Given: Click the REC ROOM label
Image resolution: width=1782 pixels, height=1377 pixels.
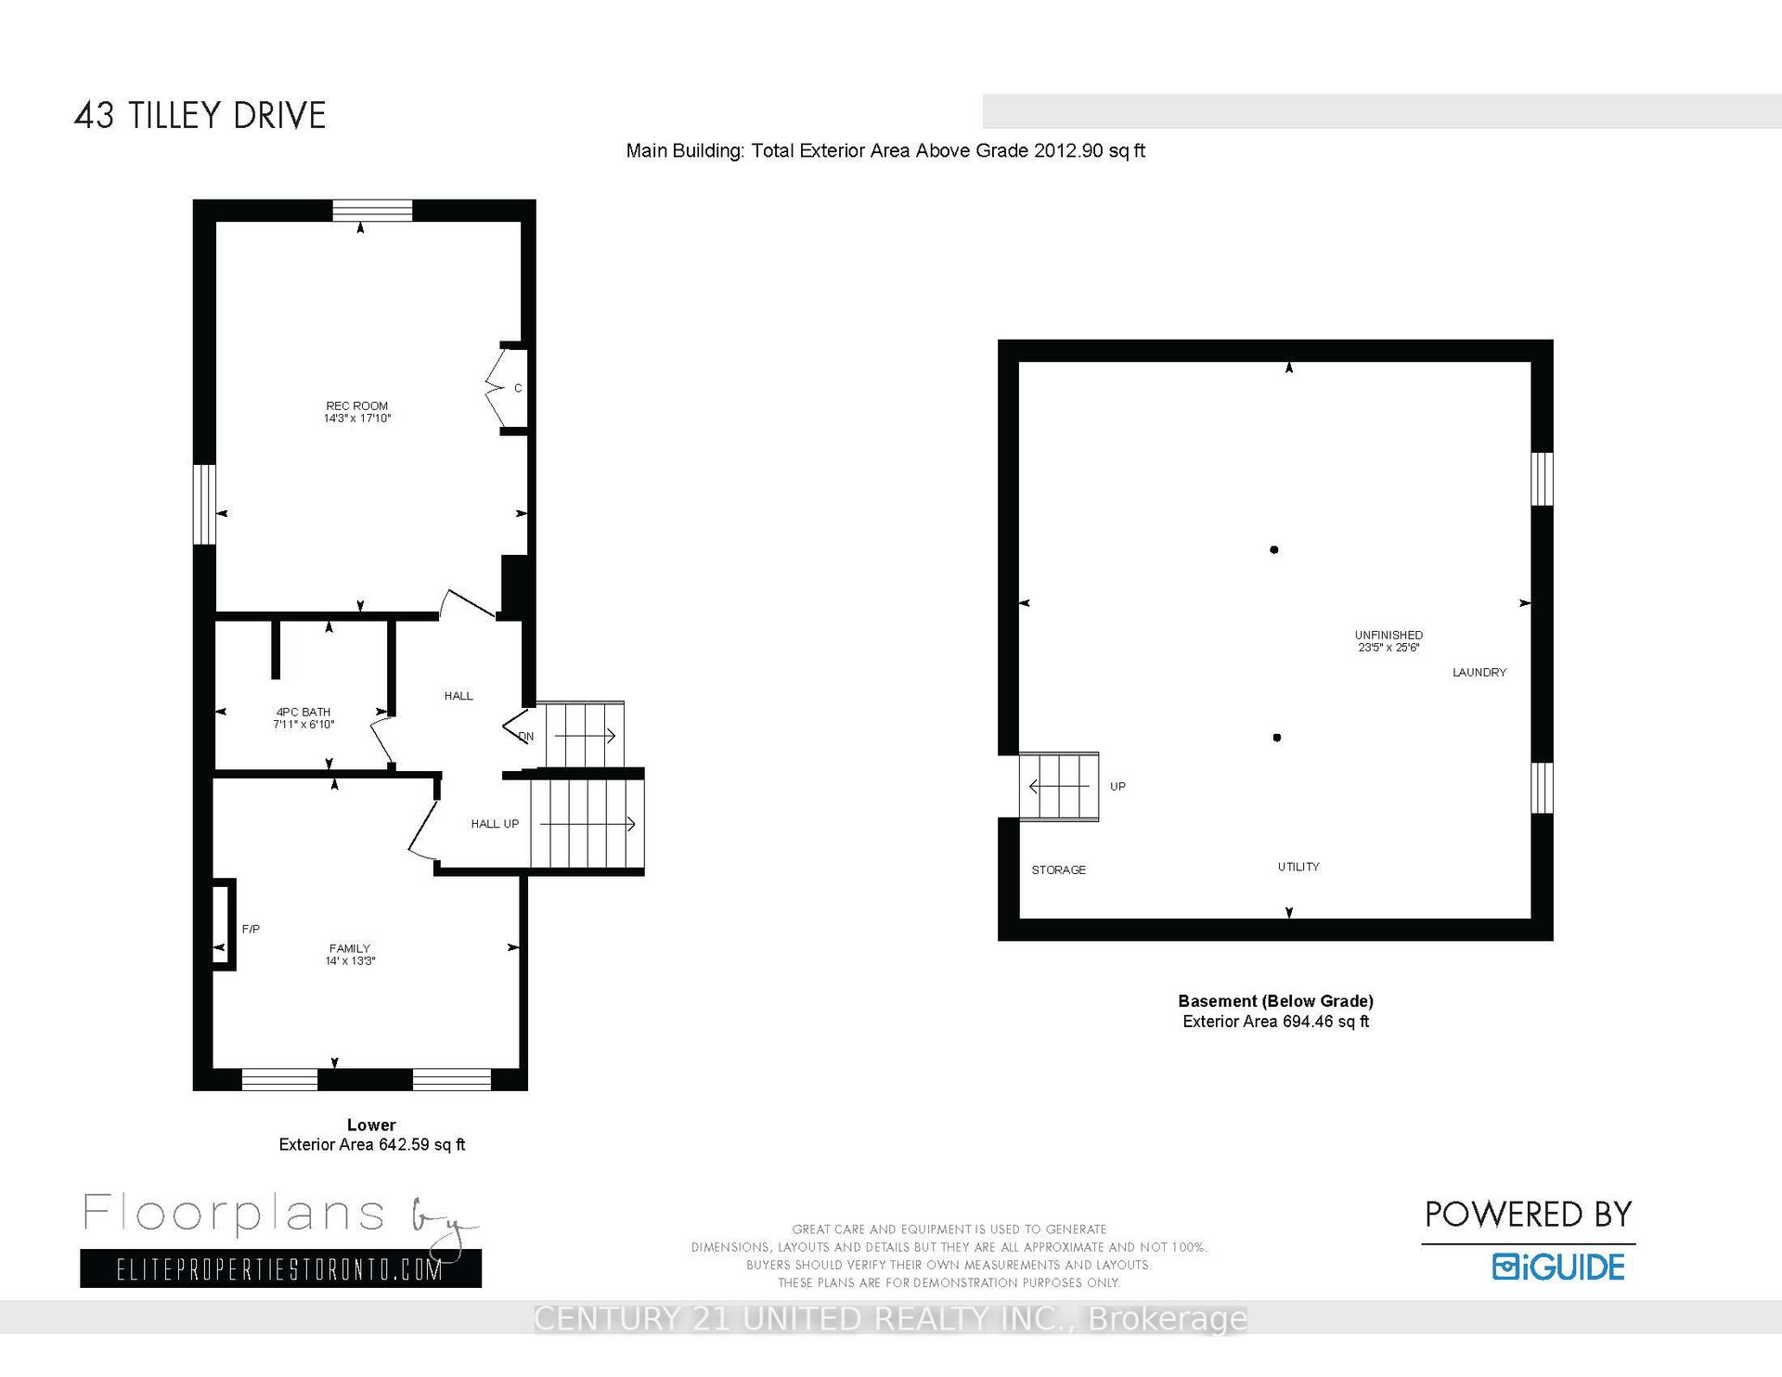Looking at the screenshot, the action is [357, 412].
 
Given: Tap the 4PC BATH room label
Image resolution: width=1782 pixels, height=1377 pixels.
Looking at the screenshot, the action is [303, 718].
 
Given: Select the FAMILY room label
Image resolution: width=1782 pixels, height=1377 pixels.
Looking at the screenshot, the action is [350, 955].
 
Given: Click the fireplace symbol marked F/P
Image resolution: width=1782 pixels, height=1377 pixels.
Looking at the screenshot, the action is [224, 924].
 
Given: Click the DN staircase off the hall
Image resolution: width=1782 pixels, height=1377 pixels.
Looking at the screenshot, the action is [585, 735].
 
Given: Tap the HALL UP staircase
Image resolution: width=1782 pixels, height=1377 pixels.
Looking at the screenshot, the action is [587, 823].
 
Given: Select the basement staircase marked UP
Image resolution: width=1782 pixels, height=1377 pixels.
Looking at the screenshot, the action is [1059, 787].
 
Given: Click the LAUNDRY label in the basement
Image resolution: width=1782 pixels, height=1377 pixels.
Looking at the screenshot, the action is [1479, 673].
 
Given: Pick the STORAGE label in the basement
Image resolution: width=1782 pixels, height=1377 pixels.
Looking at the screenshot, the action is [1058, 870].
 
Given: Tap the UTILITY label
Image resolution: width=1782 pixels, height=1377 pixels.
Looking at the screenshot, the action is [1298, 867].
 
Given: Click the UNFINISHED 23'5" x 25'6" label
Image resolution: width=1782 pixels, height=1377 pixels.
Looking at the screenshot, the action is [1388, 641].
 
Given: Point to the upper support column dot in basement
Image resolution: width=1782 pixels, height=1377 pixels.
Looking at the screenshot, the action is [1274, 550].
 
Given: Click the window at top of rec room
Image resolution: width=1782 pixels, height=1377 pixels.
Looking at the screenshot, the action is [372, 210].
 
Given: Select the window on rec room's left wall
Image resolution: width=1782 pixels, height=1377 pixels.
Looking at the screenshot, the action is [204, 504].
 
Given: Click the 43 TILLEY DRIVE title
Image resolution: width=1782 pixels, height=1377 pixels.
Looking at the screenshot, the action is [200, 116].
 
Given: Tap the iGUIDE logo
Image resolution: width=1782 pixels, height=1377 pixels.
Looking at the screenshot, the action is [1558, 1268].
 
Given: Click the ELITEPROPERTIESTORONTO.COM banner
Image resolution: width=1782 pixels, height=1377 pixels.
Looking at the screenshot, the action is [280, 1268].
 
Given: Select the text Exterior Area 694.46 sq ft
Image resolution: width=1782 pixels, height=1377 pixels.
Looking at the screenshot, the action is [1275, 1022].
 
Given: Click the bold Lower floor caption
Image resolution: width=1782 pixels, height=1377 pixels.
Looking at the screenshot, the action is [371, 1126].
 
